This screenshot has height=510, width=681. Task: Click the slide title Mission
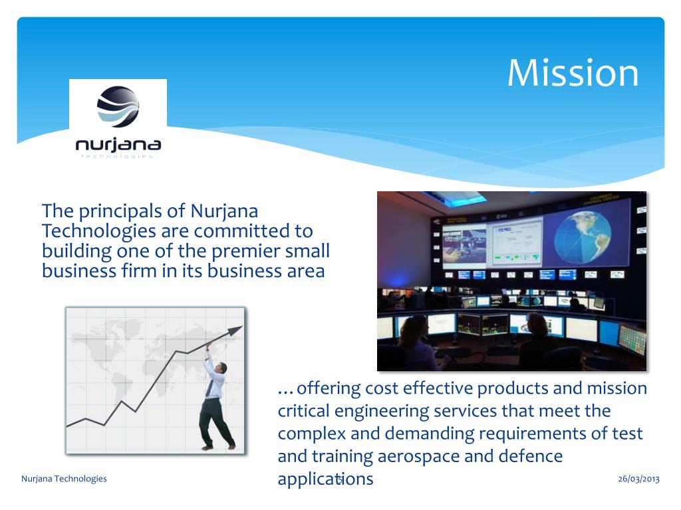tap(573, 73)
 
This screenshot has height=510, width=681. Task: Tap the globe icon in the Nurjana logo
tap(118, 107)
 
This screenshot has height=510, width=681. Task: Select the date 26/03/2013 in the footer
tap(638, 479)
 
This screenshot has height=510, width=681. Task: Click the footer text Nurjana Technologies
tap(64, 478)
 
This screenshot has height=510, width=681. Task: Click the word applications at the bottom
tap(325, 479)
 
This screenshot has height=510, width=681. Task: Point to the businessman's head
tap(221, 367)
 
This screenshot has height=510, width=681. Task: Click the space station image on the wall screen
tap(464, 246)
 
